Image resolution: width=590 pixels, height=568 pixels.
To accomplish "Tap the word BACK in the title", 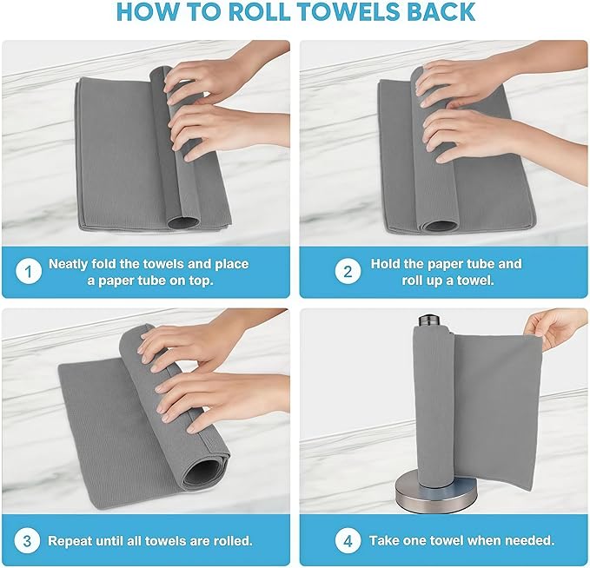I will pos(437,12).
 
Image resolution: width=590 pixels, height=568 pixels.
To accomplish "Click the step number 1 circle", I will pos(28,271).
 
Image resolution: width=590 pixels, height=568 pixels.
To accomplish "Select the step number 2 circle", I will pos(348,271).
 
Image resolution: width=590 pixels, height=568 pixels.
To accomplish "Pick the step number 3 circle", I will pos(28,540).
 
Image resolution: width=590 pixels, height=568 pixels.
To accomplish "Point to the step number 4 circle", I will pos(348,540).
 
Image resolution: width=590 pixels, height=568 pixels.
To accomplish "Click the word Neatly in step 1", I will pos(70,263).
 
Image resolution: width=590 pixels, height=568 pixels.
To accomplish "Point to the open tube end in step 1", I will pos(182,223).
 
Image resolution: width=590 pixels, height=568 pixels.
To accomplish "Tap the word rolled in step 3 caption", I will pos(230,540).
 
